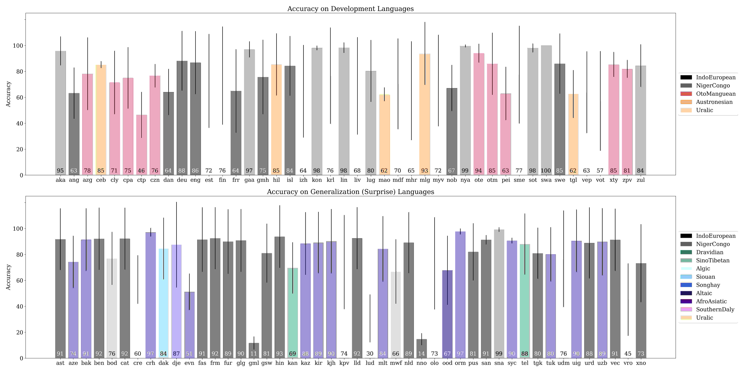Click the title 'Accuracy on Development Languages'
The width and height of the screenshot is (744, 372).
coord(350,9)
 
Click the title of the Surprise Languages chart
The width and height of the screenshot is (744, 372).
coord(350,192)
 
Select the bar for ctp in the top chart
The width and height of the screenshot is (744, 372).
coord(142,145)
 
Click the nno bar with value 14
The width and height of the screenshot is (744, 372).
coord(422,349)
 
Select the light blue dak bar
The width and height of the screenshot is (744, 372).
coord(163,304)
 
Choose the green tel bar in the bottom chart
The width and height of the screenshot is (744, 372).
coord(525,301)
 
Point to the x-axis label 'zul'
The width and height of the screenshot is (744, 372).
coord(641,180)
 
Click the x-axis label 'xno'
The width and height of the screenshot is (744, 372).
coord(641,363)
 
